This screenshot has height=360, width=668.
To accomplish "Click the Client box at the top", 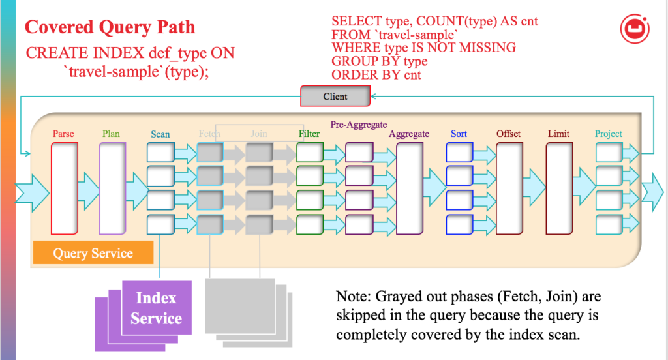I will pyautogui.click(x=335, y=97).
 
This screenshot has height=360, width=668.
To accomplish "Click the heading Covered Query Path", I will pyautogui.click(x=110, y=27).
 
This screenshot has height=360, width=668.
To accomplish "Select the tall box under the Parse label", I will pyautogui.click(x=65, y=188).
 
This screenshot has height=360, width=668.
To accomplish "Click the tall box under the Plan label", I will pyautogui.click(x=112, y=188).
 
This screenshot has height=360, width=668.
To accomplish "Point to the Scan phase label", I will pyautogui.click(x=160, y=134).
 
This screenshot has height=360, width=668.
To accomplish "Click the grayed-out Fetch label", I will pyautogui.click(x=209, y=134).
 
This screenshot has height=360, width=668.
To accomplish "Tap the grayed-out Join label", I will pyautogui.click(x=258, y=134).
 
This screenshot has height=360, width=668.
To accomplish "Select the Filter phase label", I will pyautogui.click(x=309, y=134).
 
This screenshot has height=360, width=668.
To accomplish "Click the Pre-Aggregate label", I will pyautogui.click(x=359, y=123).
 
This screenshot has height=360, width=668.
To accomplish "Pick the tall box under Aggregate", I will pyautogui.click(x=409, y=188).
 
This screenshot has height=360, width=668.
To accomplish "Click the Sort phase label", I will pyautogui.click(x=459, y=134).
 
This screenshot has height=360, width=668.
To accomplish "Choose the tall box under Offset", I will pyautogui.click(x=509, y=188).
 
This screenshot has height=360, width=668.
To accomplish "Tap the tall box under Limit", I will pyautogui.click(x=558, y=188).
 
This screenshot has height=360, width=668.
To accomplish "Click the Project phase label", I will pyautogui.click(x=609, y=134).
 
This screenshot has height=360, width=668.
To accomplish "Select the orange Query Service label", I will pyautogui.click(x=93, y=254).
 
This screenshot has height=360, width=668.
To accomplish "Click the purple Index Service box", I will pyautogui.click(x=156, y=308).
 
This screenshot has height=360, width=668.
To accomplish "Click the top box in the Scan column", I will pyautogui.click(x=160, y=153).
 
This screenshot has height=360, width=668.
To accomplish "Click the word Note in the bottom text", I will pyautogui.click(x=352, y=297).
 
